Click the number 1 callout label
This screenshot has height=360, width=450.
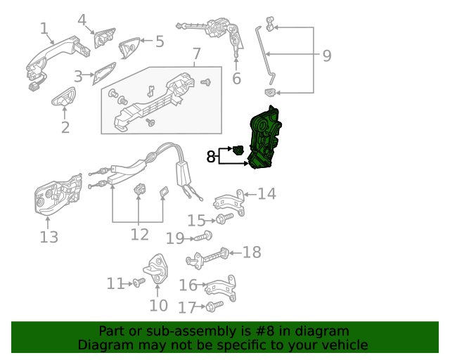[44, 29]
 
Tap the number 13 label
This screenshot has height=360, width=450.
[49, 237]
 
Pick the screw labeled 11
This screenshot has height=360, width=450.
[139, 283]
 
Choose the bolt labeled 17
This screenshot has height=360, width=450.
[214, 307]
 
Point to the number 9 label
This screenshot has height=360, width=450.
[326, 56]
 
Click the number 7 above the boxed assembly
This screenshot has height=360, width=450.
[196, 54]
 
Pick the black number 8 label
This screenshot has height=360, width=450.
[211, 157]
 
